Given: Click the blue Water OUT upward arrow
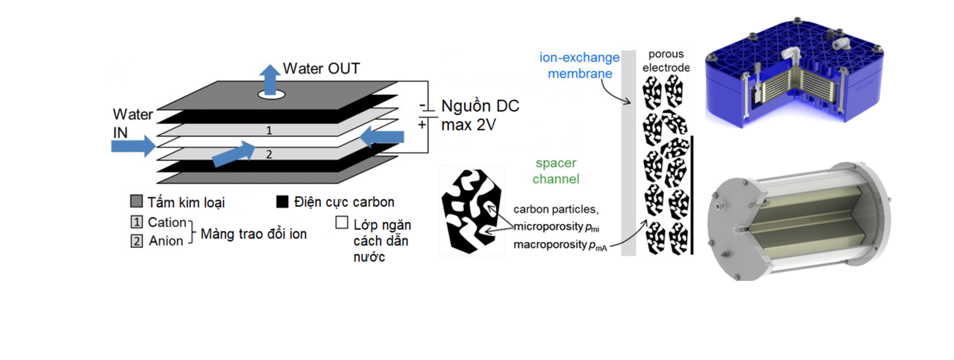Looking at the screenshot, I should [x=270, y=79].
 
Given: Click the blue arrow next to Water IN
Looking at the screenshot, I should [x=133, y=145].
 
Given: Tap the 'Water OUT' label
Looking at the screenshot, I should [x=321, y=69].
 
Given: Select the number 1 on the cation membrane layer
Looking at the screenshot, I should [x=269, y=130].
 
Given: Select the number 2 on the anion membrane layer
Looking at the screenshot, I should [x=269, y=154].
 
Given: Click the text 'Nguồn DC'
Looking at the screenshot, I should [x=480, y=106].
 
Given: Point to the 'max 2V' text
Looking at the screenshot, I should [x=468, y=125].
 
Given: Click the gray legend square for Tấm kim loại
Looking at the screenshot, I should [x=137, y=201].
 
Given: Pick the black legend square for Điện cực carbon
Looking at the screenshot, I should [x=282, y=201].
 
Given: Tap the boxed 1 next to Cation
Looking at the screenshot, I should [x=137, y=222].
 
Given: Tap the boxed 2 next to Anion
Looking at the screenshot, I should [x=137, y=241].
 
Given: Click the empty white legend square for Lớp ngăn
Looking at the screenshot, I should [x=342, y=223].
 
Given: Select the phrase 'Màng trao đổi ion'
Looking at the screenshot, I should [x=253, y=234].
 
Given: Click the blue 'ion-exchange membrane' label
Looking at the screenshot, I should [x=579, y=66].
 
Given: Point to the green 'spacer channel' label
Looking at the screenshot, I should [x=556, y=171].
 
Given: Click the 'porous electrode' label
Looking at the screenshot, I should [x=666, y=61].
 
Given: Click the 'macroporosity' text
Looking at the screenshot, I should [x=550, y=244].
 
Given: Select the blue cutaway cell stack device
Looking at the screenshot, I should [x=793, y=75].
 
